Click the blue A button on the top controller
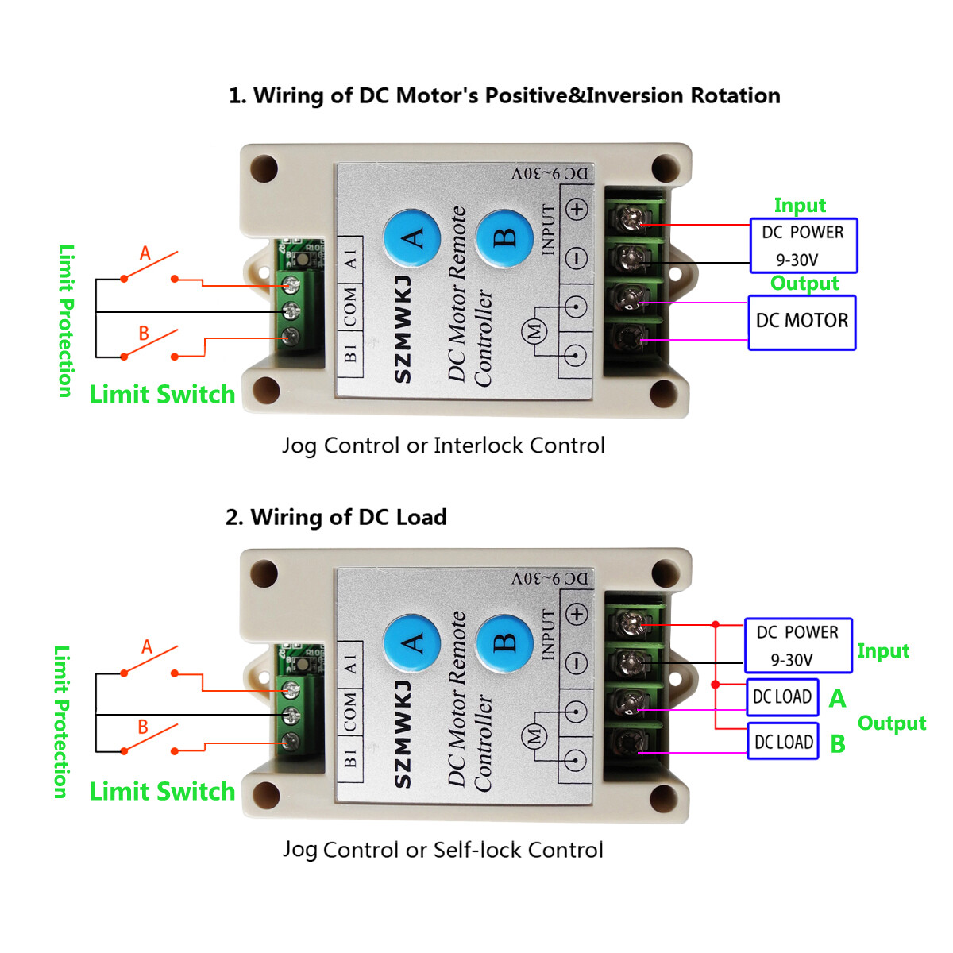411,237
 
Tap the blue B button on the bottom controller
504,642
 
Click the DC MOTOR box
802,322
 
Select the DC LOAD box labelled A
782,697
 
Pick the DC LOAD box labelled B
783,742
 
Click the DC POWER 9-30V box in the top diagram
804,245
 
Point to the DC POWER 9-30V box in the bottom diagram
797,646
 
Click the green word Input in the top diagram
800,206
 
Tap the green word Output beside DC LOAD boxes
891,723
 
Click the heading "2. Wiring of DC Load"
336,518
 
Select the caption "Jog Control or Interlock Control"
443,446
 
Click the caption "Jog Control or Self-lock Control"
443,850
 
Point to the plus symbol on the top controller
577,210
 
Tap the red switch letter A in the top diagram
145,253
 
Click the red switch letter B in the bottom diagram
143,727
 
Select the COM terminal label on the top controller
350,307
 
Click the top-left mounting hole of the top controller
264,169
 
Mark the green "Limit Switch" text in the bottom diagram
162,791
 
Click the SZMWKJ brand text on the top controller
403,330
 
